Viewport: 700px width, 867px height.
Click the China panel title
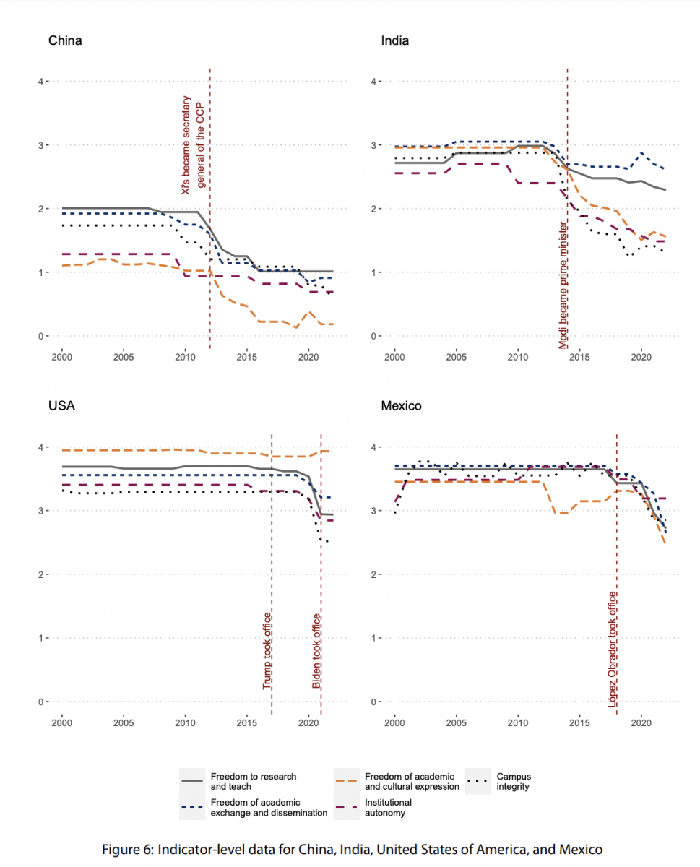pyautogui.click(x=65, y=40)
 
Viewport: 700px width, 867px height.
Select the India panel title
pyautogui.click(x=395, y=40)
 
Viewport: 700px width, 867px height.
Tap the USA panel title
pyautogui.click(x=61, y=406)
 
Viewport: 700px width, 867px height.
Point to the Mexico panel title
pyautogui.click(x=402, y=406)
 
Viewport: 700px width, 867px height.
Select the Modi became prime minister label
pyautogui.click(x=563, y=285)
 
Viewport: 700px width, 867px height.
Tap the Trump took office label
pyautogui.click(x=267, y=650)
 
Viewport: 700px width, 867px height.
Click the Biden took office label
pyautogui.click(x=316, y=650)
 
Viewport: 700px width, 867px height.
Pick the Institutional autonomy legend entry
pyautogui.click(x=388, y=807)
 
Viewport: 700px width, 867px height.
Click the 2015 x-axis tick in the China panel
pyautogui.click(x=247, y=356)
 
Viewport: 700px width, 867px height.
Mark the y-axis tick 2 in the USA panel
pyautogui.click(x=40, y=574)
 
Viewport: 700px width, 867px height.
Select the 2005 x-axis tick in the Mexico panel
pyautogui.click(x=457, y=722)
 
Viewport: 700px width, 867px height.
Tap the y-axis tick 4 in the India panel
pyautogui.click(x=373, y=82)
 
